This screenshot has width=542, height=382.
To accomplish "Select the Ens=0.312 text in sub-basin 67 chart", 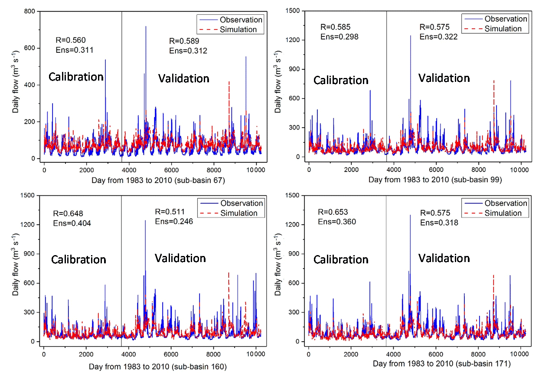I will (x=188, y=51).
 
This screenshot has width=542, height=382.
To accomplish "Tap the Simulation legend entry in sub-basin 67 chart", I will (x=238, y=29).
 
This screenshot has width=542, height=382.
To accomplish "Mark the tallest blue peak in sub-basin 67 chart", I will (x=146, y=27).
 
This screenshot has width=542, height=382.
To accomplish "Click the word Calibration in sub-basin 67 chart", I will (x=76, y=77).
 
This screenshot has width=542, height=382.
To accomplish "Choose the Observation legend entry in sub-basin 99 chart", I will (x=506, y=19).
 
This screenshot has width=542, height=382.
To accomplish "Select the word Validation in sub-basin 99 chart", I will (x=444, y=78).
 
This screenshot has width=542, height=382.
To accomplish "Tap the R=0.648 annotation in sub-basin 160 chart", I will (x=67, y=214).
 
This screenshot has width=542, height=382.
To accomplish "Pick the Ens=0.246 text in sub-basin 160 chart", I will (x=174, y=221).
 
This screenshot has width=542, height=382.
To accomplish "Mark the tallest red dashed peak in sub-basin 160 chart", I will (x=229, y=273).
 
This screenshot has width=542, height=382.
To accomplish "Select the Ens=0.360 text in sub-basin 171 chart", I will (x=337, y=222).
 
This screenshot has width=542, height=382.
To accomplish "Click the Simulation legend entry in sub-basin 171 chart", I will (x=503, y=213).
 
